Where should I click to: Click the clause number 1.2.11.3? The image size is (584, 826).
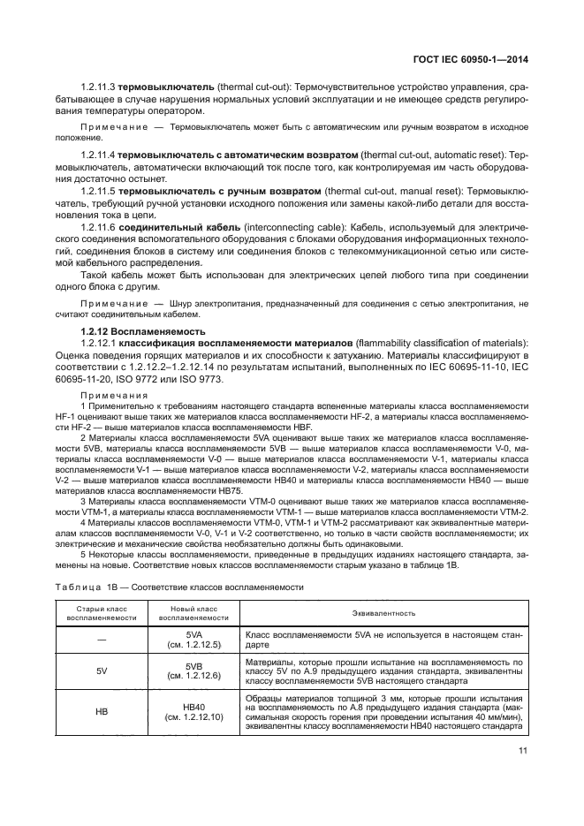click(x=98, y=87)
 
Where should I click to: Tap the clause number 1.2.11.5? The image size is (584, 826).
click(x=98, y=190)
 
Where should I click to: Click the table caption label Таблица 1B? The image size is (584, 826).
click(x=87, y=587)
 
